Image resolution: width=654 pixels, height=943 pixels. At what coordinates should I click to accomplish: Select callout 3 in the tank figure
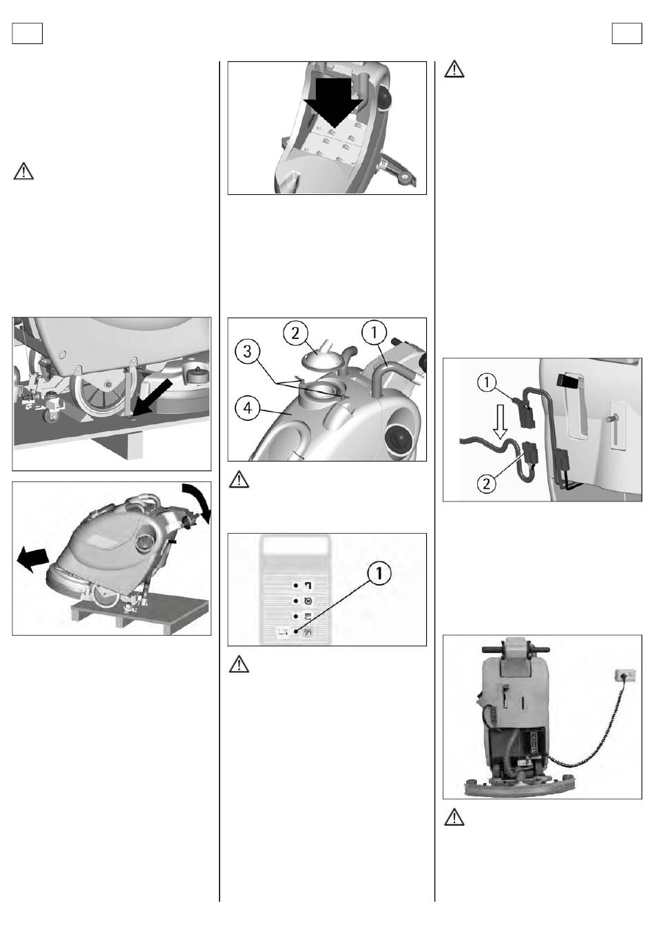(248, 351)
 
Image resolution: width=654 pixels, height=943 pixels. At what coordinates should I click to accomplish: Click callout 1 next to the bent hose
(375, 333)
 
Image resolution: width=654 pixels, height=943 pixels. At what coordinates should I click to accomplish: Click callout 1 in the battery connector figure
(487, 382)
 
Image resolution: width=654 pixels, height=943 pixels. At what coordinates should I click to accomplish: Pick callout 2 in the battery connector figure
(487, 483)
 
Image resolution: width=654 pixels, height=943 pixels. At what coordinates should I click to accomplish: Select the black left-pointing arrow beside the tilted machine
(33, 558)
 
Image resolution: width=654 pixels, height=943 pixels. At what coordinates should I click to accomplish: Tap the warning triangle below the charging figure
(454, 818)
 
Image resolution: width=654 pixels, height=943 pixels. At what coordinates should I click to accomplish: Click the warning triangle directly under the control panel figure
(238, 665)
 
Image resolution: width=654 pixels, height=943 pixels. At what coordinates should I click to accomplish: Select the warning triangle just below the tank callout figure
(238, 479)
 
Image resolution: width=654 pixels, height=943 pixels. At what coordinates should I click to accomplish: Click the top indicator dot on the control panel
(296, 584)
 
